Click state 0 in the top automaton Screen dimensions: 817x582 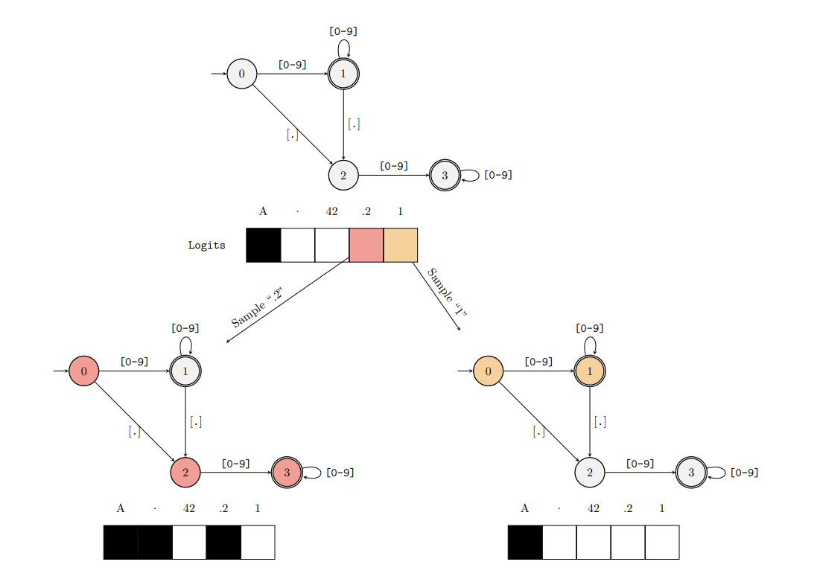point(242,74)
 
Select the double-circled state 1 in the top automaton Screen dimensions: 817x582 point(343,74)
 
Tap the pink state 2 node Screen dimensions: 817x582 point(185,473)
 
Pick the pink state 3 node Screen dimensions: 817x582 point(287,473)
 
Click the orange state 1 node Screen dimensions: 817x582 point(590,371)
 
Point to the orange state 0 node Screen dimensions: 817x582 point(489,371)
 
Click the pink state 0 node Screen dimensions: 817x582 point(84,371)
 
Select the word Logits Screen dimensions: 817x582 point(207,245)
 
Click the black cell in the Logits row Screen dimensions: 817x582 point(264,245)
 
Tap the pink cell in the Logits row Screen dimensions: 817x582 point(366,245)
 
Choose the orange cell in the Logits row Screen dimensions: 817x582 point(401,245)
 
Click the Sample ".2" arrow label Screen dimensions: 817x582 point(257,307)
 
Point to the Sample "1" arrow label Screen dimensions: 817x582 point(447,292)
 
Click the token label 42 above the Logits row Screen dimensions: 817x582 point(332,211)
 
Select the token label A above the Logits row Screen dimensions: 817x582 point(263,211)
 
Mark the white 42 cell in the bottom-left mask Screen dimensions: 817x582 point(189,543)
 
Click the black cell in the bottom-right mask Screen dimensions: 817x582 point(525,543)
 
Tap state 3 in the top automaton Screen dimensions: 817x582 point(445,176)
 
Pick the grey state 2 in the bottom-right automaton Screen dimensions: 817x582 point(590,473)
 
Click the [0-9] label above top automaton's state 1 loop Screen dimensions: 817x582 point(343,31)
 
